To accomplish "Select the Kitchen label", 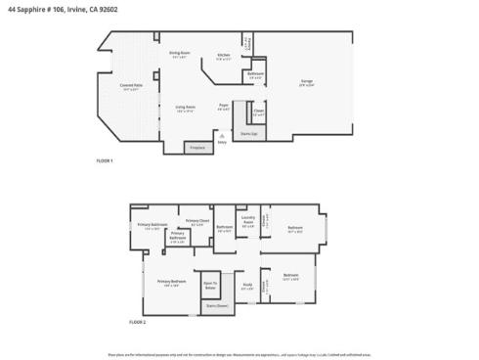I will pos(224,55).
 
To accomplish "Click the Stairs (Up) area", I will pos(249,133).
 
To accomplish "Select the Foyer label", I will pos(224,107).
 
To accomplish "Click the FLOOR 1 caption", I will pos(105,159).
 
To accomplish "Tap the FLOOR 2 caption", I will pos(138,321).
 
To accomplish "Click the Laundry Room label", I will pos(248,221).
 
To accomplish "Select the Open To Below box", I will pos(210,286).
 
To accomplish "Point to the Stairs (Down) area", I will pos(217,304).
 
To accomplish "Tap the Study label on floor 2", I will pos(247,286).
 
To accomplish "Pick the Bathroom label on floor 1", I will pos(255,75).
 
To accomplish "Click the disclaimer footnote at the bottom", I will pos(239,353).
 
